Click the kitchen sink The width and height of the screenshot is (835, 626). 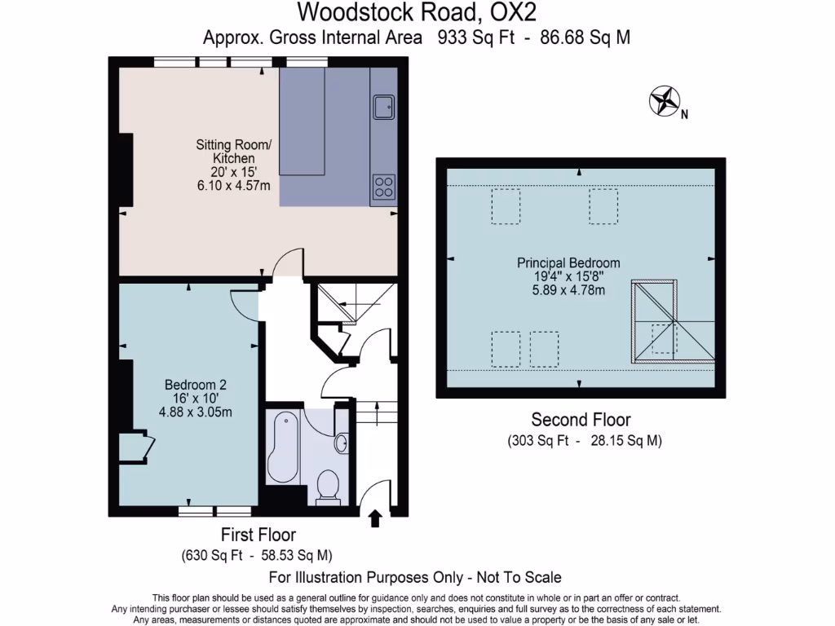(382, 106)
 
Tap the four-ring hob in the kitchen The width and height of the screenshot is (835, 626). (382, 187)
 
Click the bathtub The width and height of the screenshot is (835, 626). (283, 449)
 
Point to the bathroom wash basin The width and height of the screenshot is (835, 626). (342, 443)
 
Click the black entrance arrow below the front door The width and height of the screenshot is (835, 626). (376, 518)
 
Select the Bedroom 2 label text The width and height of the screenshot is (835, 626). (196, 385)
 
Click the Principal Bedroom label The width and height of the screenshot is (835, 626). (568, 263)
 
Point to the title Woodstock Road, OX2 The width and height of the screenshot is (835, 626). (417, 12)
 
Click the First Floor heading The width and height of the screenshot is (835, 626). (258, 535)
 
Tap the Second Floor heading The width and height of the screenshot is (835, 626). (581, 420)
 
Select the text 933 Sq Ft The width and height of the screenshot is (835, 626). (475, 37)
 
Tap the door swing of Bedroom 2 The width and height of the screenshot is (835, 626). (242, 305)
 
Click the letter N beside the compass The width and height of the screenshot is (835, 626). (685, 115)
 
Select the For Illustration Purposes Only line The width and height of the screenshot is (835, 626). (415, 577)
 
